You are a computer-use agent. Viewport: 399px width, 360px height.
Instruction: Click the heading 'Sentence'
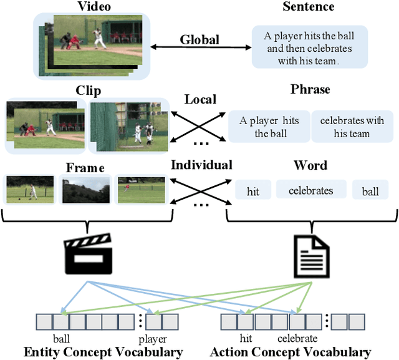click(x=308, y=7)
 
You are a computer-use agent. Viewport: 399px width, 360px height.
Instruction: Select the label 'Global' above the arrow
click(x=199, y=40)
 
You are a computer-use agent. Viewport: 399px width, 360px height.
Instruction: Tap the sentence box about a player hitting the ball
click(x=310, y=46)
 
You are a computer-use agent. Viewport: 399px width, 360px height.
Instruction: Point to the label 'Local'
click(x=200, y=99)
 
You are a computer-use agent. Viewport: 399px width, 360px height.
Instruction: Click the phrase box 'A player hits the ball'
click(x=269, y=127)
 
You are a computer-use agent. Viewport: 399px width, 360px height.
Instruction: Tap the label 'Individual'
click(x=201, y=165)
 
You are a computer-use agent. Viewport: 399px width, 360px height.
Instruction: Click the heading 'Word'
click(x=310, y=165)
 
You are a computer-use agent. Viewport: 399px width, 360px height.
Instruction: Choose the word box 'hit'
click(x=253, y=191)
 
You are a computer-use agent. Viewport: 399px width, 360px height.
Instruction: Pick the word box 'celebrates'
click(x=310, y=190)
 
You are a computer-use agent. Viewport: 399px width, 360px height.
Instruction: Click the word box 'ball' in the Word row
click(x=370, y=191)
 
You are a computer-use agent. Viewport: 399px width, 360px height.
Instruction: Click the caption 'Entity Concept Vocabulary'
click(x=103, y=352)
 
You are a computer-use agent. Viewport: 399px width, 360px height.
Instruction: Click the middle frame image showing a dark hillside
click(x=85, y=190)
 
